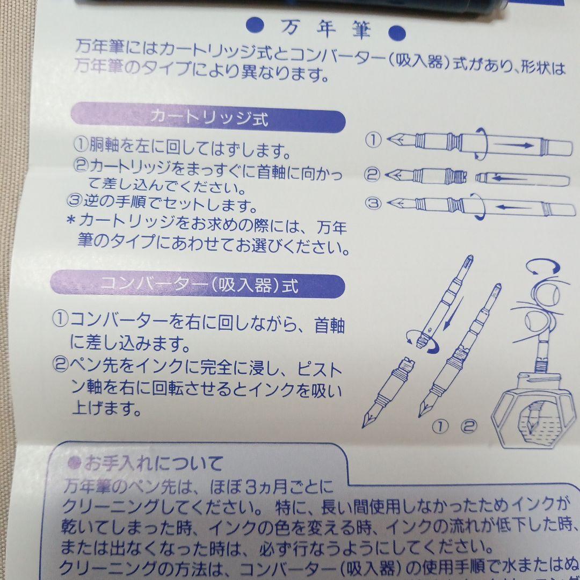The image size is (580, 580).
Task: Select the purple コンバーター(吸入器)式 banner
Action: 207,285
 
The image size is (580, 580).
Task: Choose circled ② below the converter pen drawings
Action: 468,427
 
